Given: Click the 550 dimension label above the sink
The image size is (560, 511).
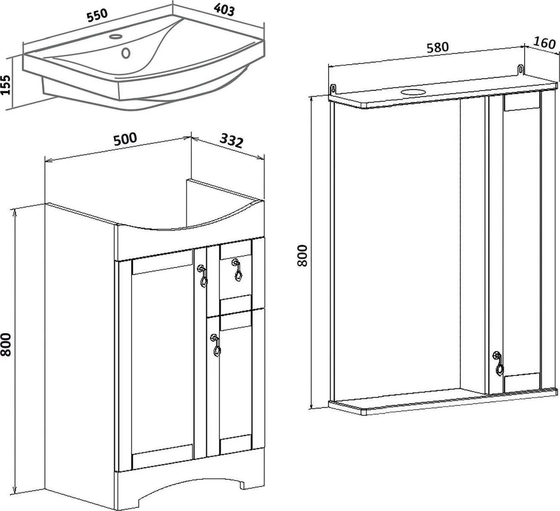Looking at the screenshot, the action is point(97,16).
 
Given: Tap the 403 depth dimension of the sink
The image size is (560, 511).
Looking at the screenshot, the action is point(224,11).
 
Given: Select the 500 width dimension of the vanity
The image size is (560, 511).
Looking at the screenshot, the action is point(125,139).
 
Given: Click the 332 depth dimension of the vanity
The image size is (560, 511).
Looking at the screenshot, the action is point(232,141).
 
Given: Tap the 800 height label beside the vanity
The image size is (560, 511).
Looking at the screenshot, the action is point(6,345).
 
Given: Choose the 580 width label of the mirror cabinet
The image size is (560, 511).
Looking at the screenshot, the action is point(438,48).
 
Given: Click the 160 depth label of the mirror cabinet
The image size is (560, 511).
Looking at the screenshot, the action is point(544,43).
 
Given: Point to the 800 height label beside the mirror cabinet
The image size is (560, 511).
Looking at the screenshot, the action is point(302,255).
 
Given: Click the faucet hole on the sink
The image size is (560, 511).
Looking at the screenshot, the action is point(115,37).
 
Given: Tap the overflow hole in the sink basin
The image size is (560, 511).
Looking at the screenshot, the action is point(126,53).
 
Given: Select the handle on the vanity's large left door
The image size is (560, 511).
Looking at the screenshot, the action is point(203,276).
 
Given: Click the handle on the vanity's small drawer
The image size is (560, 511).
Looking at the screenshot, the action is point(237,270).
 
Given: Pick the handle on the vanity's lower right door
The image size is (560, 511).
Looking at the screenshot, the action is point(216,345).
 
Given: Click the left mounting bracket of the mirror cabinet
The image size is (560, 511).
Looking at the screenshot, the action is point(334,89).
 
